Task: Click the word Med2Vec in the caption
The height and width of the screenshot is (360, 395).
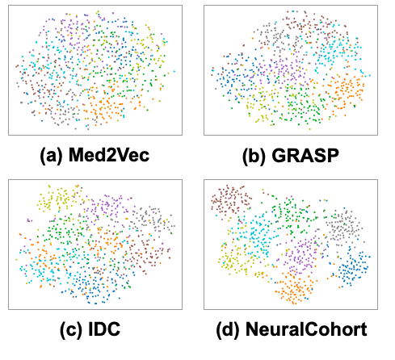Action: pos(109,155)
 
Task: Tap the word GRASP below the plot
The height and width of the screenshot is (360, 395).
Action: pos(305,155)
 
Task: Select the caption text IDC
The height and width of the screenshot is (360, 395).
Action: pos(104,329)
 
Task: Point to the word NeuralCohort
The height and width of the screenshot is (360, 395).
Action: pos(306,329)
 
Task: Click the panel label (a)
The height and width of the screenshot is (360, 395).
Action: pos(52,156)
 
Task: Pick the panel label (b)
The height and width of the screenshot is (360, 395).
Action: pos(254,156)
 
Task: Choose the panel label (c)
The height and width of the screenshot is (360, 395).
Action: pos(71,329)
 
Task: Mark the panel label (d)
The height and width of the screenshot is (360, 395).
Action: pos(229,329)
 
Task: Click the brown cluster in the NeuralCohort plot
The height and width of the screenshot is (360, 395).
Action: pos(231,199)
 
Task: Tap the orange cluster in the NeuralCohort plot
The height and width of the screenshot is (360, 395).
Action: pos(294,288)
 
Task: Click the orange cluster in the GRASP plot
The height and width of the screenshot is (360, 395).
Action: pos(345,91)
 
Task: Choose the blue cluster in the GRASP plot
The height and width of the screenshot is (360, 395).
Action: pos(233,78)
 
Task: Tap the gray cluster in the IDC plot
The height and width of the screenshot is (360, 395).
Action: pos(151,220)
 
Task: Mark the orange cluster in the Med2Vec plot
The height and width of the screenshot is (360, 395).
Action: pos(103,105)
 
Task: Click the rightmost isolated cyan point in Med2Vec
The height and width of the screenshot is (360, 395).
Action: pos(174,71)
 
